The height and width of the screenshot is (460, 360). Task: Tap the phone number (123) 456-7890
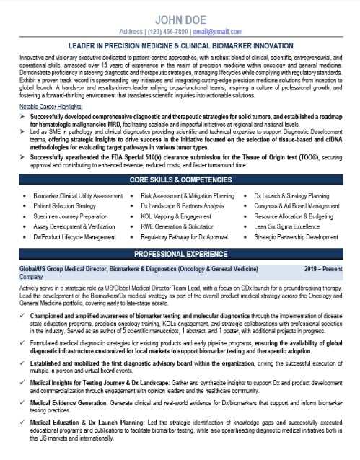(x=169, y=32)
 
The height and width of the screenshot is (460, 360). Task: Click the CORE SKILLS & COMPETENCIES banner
(x=180, y=179)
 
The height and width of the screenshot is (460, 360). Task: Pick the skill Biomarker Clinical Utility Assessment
(x=78, y=195)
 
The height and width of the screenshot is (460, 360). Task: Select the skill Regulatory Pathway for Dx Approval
(x=184, y=236)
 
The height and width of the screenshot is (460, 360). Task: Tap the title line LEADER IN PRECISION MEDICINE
(x=180, y=45)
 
